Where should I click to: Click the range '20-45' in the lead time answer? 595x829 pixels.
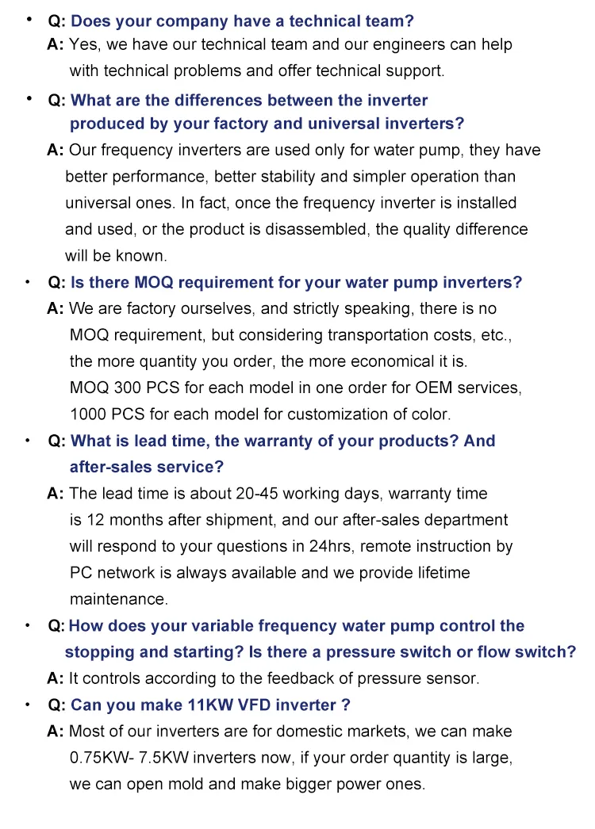pos(257,494)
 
